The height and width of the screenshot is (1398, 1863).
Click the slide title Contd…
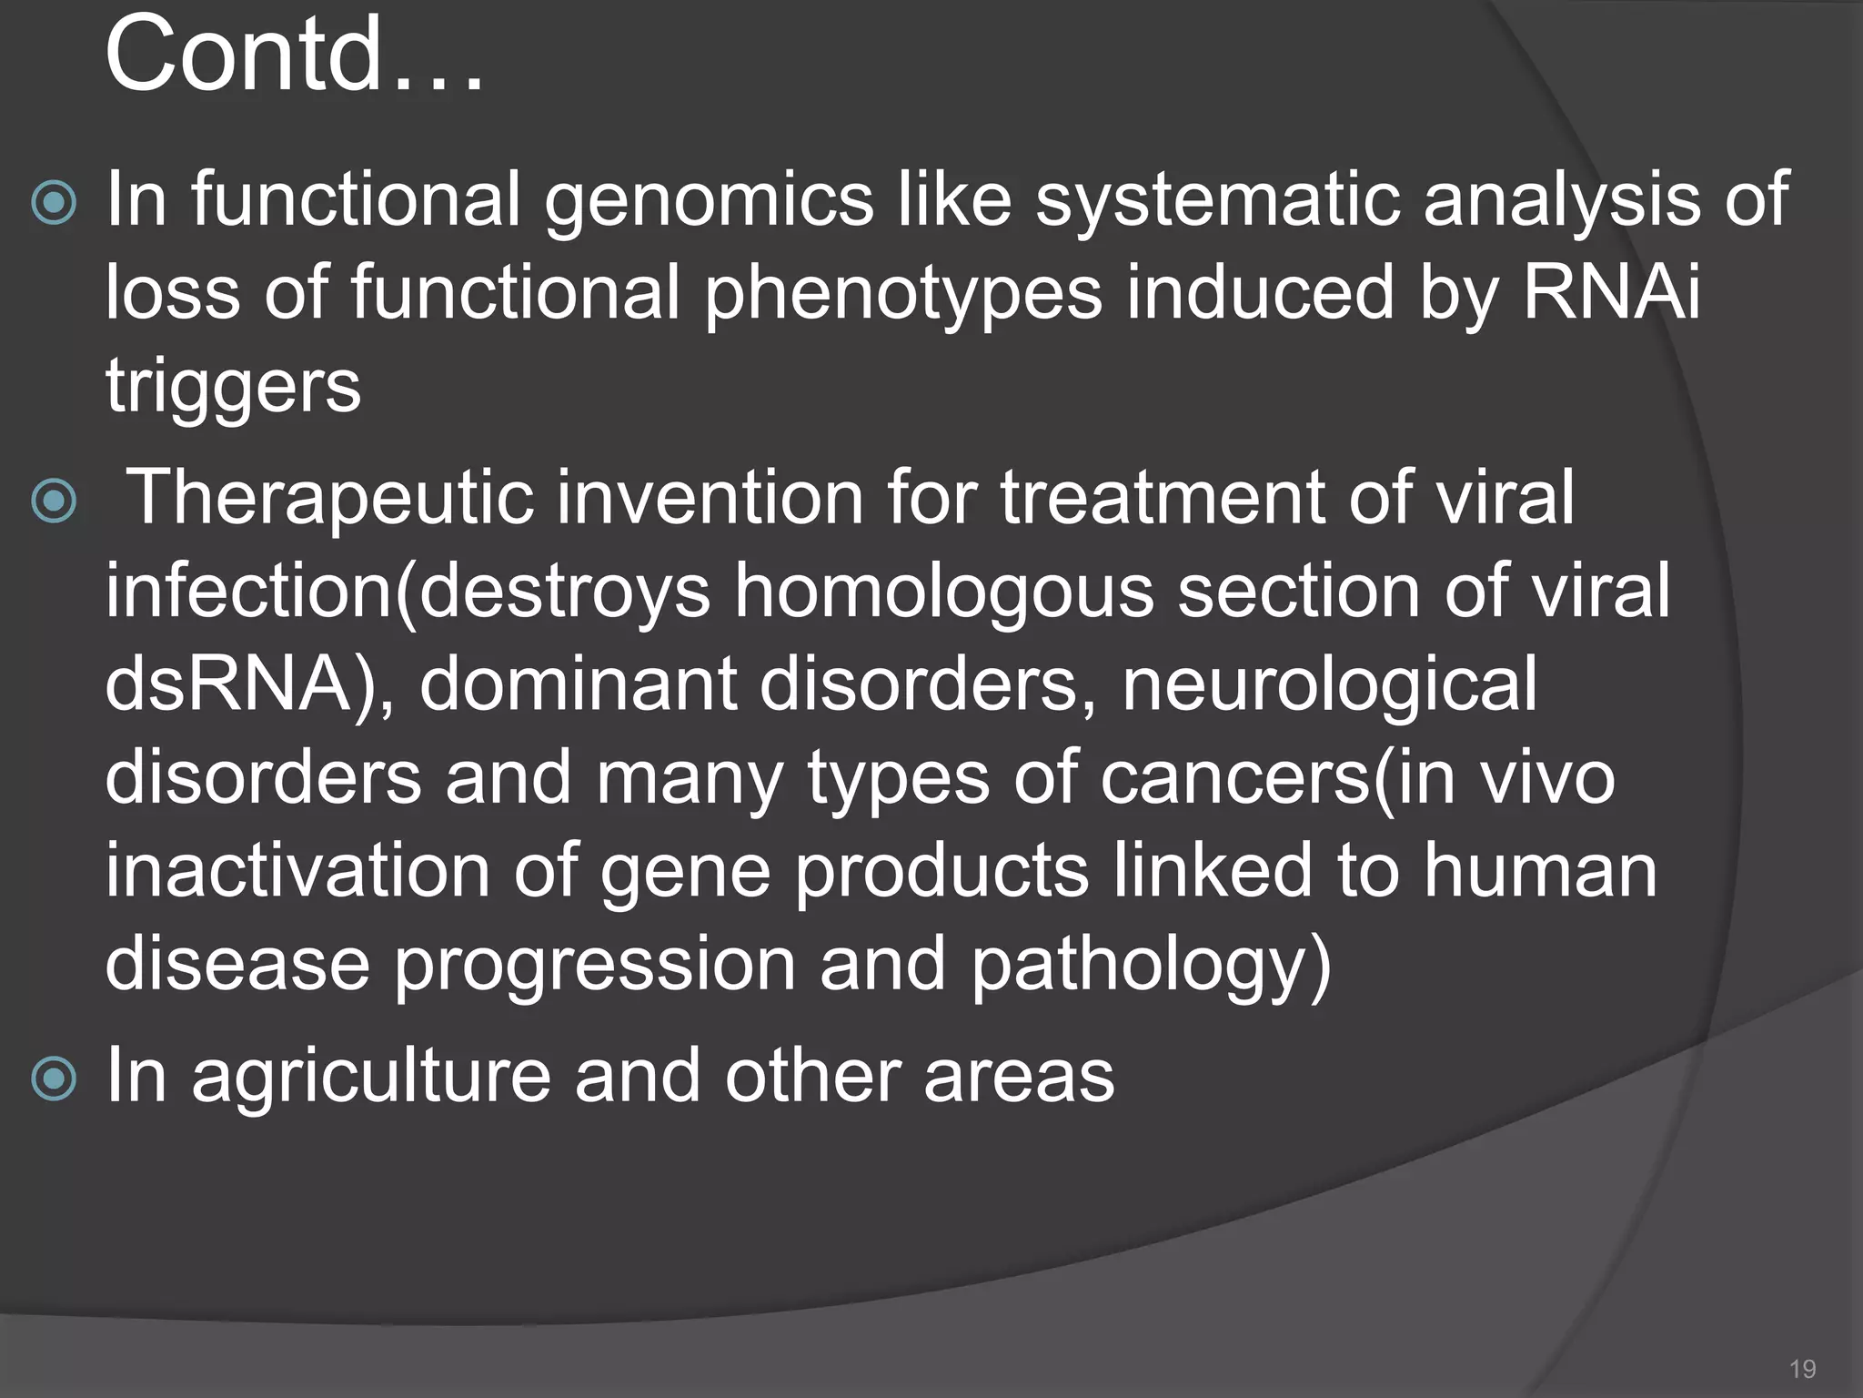[293, 56]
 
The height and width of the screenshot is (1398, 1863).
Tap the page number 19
[1802, 1369]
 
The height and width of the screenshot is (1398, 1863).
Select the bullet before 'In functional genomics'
[54, 203]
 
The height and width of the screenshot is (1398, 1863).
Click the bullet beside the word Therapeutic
[54, 501]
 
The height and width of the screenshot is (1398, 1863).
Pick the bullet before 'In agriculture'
[54, 1079]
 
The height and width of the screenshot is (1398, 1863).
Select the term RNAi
[1610, 293]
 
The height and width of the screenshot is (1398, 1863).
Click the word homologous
[943, 592]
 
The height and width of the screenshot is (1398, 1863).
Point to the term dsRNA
[228, 684]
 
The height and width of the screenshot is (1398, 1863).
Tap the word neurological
[1329, 684]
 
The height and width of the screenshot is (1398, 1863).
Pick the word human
[1540, 870]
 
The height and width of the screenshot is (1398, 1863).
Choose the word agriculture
[371, 1078]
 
